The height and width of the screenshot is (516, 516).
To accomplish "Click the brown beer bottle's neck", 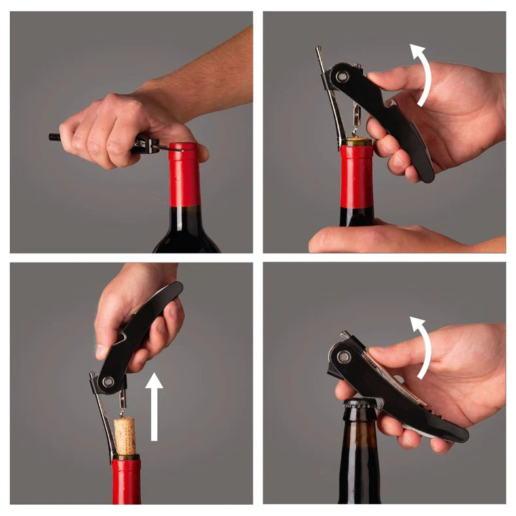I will (358, 445).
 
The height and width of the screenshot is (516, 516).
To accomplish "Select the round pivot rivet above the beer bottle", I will (343, 357).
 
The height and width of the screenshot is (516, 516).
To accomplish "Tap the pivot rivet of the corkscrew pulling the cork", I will (108, 382).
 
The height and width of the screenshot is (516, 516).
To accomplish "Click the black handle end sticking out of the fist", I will (54, 138).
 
